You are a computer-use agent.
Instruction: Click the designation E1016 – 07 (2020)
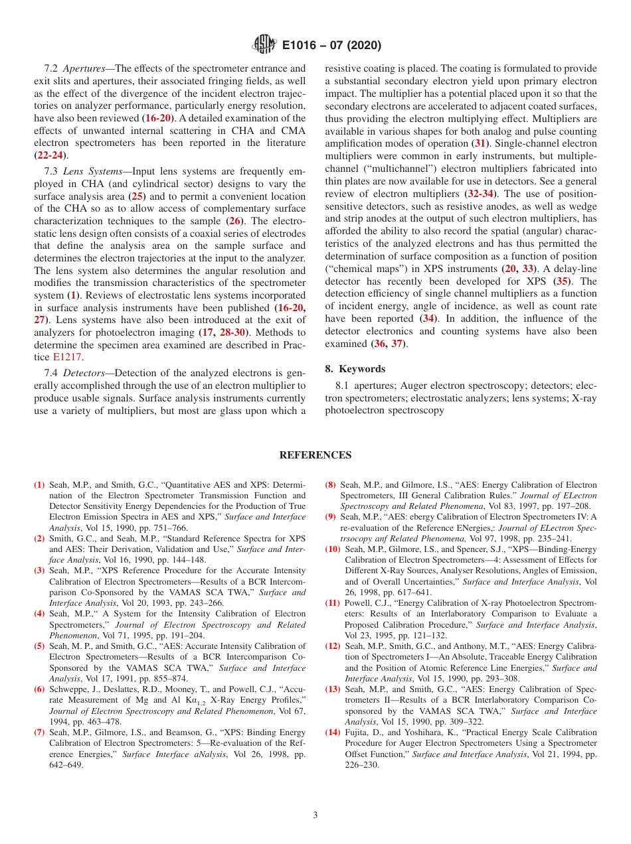point(331,46)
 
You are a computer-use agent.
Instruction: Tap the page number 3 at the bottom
point(315,815)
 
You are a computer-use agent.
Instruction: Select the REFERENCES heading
point(315,455)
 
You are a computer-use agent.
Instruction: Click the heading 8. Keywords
point(355,369)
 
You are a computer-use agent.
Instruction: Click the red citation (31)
point(480,143)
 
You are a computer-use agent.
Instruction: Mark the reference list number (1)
point(39,485)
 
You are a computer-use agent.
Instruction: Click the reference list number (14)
point(333,732)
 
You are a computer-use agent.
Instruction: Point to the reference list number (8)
point(330,485)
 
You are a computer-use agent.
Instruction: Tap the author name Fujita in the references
point(357,732)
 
